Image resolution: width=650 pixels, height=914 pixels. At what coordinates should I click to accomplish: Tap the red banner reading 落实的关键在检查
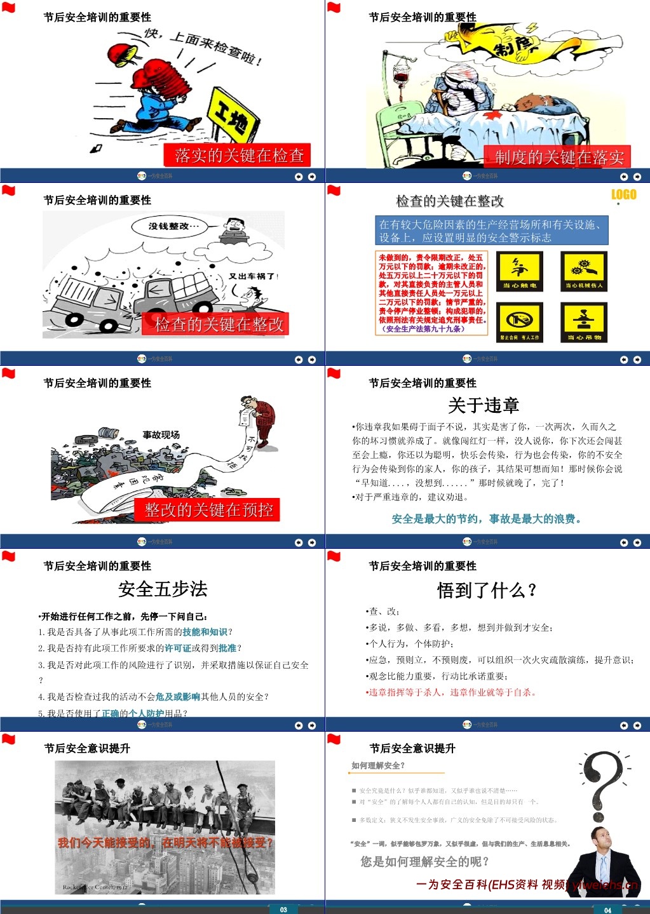click(x=238, y=156)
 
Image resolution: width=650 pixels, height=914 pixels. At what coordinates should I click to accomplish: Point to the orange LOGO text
click(x=623, y=195)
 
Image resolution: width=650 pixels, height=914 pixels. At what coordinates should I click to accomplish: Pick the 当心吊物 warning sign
click(x=584, y=322)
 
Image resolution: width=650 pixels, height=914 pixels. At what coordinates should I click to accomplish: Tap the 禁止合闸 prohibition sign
click(x=520, y=322)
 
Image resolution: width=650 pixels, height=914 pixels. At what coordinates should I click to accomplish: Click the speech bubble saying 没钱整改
click(x=173, y=226)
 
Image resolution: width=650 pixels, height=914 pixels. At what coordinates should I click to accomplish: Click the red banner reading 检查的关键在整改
click(x=219, y=325)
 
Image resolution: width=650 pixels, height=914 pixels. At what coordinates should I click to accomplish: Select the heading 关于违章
click(x=484, y=405)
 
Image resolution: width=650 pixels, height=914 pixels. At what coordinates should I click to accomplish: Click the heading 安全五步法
click(x=163, y=589)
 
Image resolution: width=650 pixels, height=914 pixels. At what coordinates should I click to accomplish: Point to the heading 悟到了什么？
click(x=487, y=591)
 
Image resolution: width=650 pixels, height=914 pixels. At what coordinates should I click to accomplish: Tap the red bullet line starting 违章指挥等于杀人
click(x=452, y=692)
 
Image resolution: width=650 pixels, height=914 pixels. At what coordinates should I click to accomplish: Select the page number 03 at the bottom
click(x=283, y=910)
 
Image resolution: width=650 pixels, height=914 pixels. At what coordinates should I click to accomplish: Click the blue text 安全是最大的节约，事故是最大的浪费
click(x=487, y=519)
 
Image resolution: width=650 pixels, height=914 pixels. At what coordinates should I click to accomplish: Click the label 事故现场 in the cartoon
click(x=161, y=435)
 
